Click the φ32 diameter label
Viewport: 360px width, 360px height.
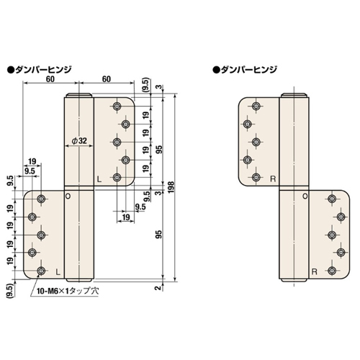coord(78,142)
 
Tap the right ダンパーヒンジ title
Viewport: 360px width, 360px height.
coord(248,70)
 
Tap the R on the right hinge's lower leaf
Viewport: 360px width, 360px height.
coord(314,271)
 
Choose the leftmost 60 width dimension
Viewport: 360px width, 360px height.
coord(48,79)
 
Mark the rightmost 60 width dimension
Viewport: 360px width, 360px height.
coord(105,79)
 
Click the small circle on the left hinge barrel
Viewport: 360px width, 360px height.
coord(68,195)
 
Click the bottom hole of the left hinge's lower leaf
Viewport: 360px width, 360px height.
coord(41,270)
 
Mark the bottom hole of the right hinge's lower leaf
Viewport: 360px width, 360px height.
coord(332,271)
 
